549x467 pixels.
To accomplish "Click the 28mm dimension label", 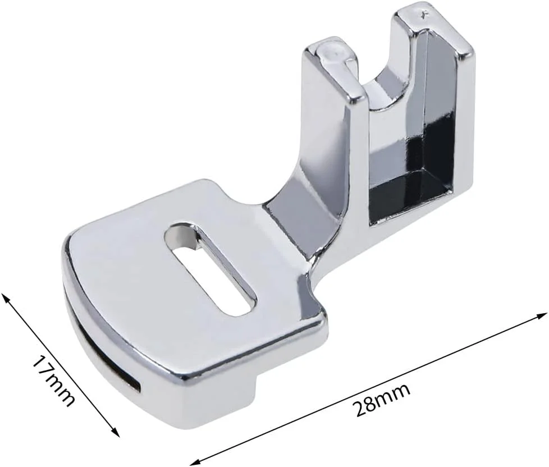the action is pyautogui.click(x=381, y=400).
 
